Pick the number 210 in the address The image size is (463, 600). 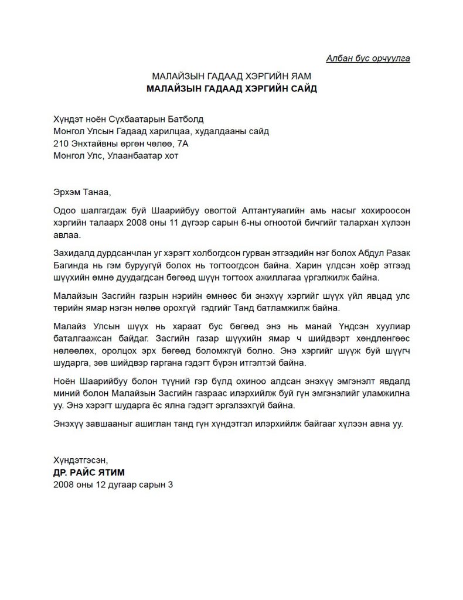[60, 144]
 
